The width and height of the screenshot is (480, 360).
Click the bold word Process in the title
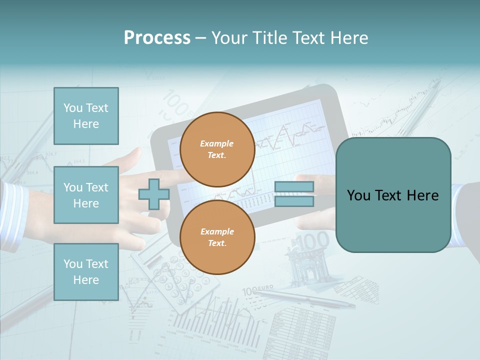(157, 38)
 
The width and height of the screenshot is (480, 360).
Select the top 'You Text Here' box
(86, 116)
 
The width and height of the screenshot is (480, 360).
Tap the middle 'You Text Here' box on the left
(86, 195)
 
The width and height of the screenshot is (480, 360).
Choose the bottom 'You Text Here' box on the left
(86, 272)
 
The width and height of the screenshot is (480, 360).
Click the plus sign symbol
(153, 194)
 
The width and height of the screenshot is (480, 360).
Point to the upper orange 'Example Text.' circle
(217, 149)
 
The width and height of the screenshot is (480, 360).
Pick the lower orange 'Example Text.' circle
(217, 237)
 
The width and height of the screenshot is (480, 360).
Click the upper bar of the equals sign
(294, 187)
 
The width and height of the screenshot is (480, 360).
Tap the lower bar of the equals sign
(294, 201)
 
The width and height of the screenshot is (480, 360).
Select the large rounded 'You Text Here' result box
(393, 195)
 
